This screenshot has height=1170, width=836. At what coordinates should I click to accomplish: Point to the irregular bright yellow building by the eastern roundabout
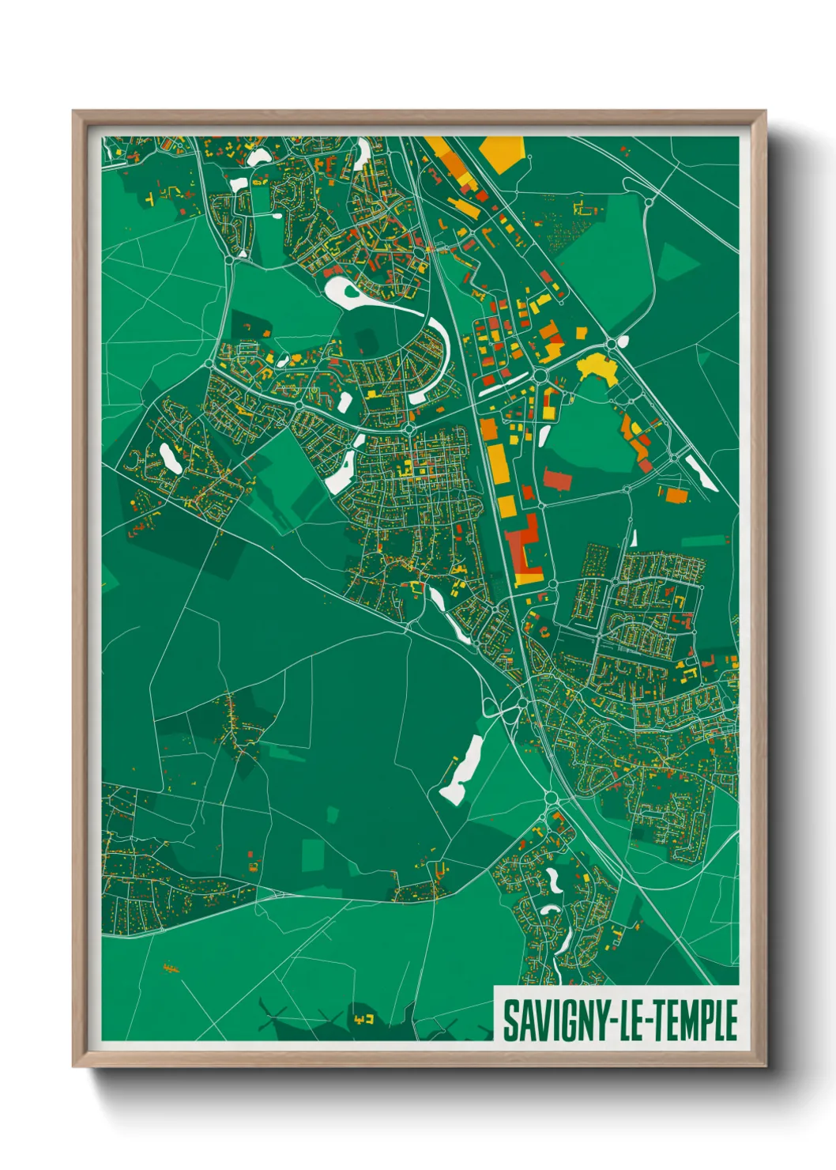pyautogui.click(x=598, y=368)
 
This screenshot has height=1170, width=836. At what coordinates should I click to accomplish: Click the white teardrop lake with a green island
pyautogui.click(x=345, y=292)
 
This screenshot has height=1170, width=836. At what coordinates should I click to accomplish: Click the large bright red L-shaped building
pyautogui.click(x=522, y=545)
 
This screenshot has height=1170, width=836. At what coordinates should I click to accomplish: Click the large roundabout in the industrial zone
pyautogui.click(x=541, y=376)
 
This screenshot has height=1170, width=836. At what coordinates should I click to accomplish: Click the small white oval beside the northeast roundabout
pyautogui.click(x=623, y=342)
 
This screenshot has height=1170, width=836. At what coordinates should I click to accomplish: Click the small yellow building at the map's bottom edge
pyautogui.click(x=364, y=1018)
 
